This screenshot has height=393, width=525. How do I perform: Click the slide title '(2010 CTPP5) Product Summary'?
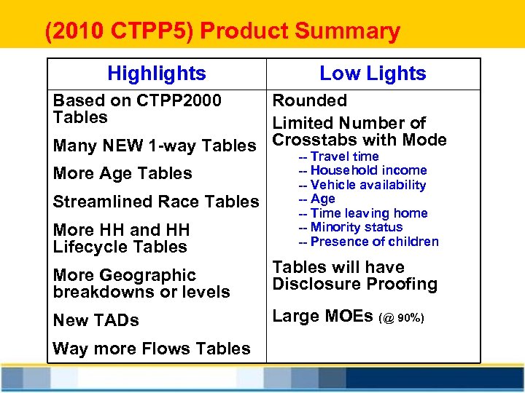pos(222,32)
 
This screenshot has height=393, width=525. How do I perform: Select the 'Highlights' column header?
pos(156,74)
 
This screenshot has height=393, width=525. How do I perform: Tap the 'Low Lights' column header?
pos(373,74)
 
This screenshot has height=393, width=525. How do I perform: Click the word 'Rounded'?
pos(309,100)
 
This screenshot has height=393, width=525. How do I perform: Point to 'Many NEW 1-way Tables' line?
pos(155,146)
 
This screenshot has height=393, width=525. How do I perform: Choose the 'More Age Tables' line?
pos(122,173)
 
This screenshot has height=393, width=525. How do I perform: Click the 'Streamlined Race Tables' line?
pos(156,202)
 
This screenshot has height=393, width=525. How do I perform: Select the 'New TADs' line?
pos(96,320)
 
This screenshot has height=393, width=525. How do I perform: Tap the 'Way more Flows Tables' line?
pos(152,349)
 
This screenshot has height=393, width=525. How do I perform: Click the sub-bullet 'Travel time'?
pos(344,156)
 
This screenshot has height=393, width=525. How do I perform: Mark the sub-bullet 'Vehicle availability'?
pos(367,185)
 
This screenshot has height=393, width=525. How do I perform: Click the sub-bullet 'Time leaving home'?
pos(368,213)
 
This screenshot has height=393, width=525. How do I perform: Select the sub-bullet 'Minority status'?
pos(356,227)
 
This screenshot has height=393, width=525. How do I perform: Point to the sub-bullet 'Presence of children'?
pos(374,242)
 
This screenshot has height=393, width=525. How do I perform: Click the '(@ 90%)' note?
pos(400,318)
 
